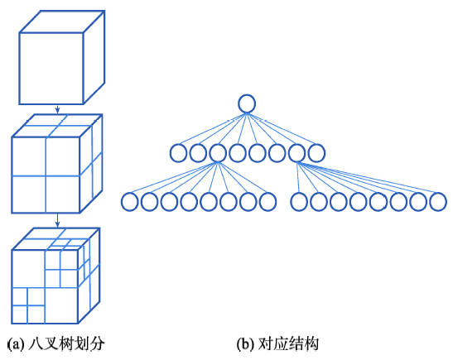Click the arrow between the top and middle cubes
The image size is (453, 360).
click(57, 109)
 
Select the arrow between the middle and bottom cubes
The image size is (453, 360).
click(57, 221)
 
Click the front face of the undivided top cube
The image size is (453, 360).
click(51, 68)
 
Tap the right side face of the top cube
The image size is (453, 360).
click(94, 57)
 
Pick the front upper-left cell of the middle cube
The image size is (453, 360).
click(29, 156)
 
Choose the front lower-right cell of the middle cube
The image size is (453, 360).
click(62, 194)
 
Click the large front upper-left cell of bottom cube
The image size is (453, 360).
click(28, 268)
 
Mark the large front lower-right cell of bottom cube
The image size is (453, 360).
click(61, 305)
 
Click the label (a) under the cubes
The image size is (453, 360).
click(16, 344)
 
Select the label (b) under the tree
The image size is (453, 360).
click(246, 344)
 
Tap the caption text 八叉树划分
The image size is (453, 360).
click(66, 344)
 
